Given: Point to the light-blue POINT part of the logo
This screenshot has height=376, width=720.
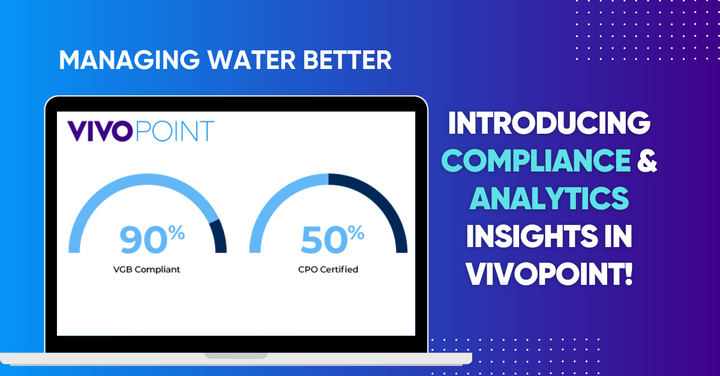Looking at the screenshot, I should coord(175,131).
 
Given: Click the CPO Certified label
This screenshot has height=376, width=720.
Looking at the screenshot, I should coord(328,269).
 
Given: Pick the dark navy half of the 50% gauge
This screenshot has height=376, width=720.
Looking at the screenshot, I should coord(384,204).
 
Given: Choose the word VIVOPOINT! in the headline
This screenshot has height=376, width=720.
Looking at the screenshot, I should coord(549,275).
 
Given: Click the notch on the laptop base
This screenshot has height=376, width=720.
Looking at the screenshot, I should coord(236,355).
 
